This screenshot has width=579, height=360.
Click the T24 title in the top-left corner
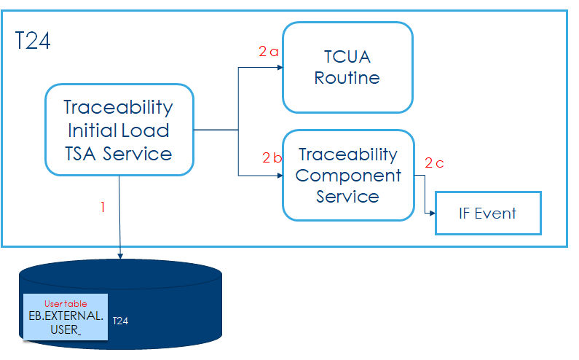pyautogui.click(x=34, y=41)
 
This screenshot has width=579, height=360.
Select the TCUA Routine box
pyautogui.click(x=347, y=67)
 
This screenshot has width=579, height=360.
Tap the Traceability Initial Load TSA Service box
pyautogui.click(x=119, y=130)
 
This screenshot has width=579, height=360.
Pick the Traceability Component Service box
pyautogui.click(x=347, y=175)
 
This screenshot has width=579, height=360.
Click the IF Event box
pyautogui.click(x=487, y=213)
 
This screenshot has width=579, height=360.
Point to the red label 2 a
pyautogui.click(x=268, y=52)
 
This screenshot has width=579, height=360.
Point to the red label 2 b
pyautogui.click(x=271, y=157)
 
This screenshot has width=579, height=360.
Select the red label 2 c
pyautogui.click(x=434, y=163)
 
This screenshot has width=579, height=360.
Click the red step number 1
pyautogui.click(x=103, y=207)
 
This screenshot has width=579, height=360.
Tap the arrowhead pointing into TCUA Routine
pyautogui.click(x=278, y=68)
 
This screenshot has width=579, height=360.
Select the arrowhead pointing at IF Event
pyautogui.click(x=431, y=214)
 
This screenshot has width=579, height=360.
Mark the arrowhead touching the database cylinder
pyautogui.click(x=119, y=256)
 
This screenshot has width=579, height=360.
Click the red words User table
pyautogui.click(x=66, y=303)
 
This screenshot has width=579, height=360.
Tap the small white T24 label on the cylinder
pyautogui.click(x=120, y=320)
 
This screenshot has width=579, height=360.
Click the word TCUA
pyautogui.click(x=347, y=56)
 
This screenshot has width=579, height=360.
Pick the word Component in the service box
pyautogui.click(x=348, y=176)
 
